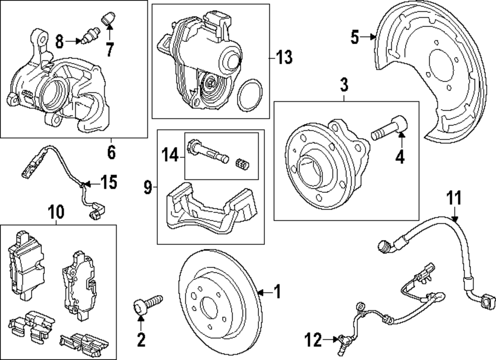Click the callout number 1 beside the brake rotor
[277, 292]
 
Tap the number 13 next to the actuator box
[284, 58]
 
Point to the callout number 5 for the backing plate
[355, 37]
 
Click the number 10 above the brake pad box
[57, 212]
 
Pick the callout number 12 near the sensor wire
[313, 340]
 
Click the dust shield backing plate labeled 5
[436, 74]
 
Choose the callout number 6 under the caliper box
[111, 152]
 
